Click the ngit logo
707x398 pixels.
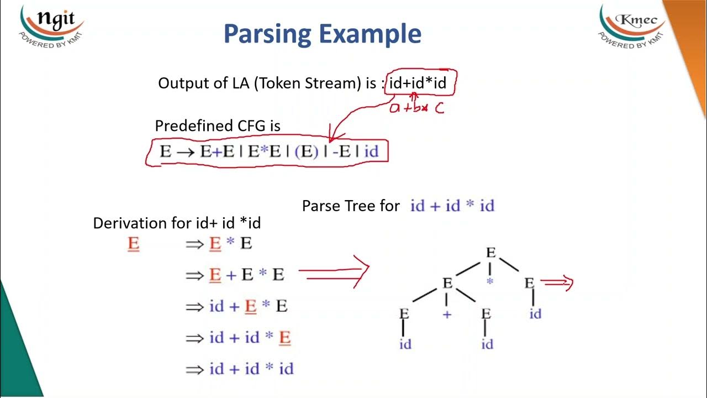pos(51,25)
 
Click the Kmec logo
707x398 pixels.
pos(632,25)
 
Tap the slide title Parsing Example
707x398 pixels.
pos(323,34)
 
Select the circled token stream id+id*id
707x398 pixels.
pos(418,83)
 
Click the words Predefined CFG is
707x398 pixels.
pos(218,126)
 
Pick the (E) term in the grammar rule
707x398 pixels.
pos(307,151)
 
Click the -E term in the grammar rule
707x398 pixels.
pos(341,151)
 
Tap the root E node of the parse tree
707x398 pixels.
pos(490,253)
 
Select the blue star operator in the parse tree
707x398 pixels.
pos(489,282)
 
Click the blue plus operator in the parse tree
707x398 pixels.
pos(447,315)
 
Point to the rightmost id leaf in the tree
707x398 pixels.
pos(535,314)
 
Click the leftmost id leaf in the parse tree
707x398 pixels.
pos(405,344)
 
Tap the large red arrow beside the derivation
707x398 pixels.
pos(335,271)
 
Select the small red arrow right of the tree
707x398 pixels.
pos(558,283)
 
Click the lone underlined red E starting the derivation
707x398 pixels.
pos(133,244)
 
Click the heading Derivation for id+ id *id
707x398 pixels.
pos(177,223)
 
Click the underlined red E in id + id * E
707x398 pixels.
pos(284,337)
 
